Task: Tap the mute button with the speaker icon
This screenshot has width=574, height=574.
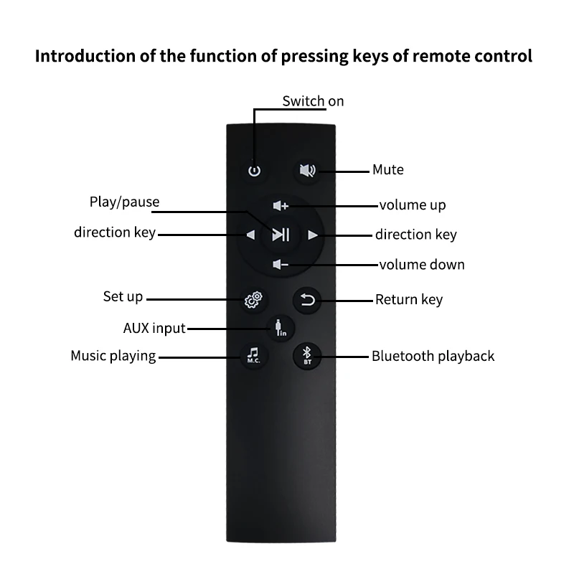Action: [308, 171]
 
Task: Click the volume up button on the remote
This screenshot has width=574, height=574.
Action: [281, 206]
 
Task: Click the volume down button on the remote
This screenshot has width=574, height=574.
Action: [281, 265]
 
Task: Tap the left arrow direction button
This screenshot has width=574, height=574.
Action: [250, 235]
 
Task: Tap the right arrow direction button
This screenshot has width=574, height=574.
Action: [312, 235]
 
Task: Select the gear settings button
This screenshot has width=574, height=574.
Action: [252, 299]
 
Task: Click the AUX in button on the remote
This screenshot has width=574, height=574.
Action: [279, 328]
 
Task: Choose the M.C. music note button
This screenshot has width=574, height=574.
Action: [253, 354]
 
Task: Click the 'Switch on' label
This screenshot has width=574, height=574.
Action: [313, 101]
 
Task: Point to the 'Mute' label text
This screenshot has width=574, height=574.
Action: [387, 170]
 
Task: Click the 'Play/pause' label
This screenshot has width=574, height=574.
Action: [124, 202]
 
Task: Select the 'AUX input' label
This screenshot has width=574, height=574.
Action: [154, 329]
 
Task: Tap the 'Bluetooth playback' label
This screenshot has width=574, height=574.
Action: [433, 356]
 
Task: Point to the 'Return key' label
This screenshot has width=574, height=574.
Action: [409, 299]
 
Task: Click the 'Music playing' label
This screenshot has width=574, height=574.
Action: [113, 356]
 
